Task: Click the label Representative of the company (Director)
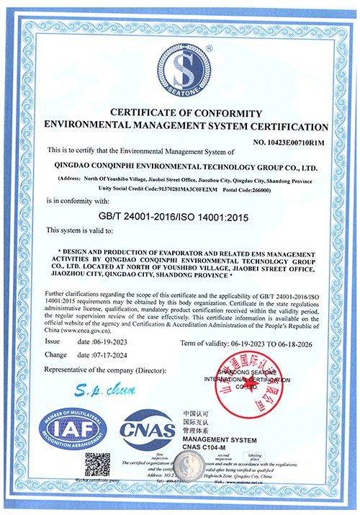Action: pos(105,370)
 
